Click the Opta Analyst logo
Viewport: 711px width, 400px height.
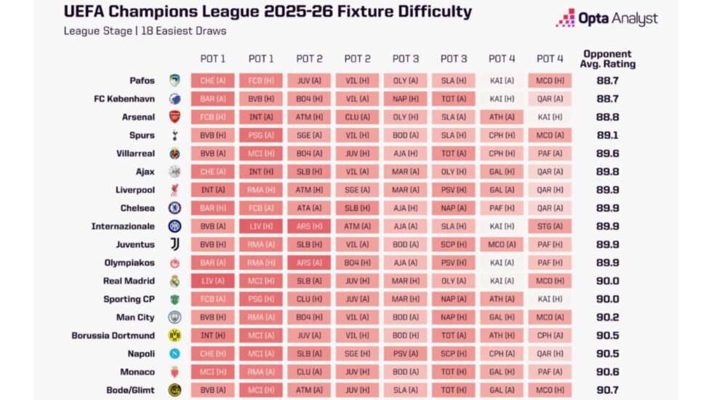607,18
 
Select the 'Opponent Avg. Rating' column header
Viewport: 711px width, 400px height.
608,59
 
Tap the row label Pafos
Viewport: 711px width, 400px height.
141,81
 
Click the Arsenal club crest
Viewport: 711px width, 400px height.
174,117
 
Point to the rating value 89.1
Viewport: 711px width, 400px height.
607,135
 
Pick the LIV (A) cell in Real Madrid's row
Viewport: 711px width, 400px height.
213,281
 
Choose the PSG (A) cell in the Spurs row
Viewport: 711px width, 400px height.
261,135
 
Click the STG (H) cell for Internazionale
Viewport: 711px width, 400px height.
550,226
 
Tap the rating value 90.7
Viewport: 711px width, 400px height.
607,390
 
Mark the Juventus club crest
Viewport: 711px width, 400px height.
174,244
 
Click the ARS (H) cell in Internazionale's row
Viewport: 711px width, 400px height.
309,226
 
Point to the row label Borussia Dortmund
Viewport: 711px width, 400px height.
113,335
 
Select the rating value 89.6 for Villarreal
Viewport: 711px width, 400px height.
607,153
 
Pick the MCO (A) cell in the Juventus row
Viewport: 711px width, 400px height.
502,244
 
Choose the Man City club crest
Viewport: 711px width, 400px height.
174,317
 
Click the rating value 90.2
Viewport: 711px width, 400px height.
607,317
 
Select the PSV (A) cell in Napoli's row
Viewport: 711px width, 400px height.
405,353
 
